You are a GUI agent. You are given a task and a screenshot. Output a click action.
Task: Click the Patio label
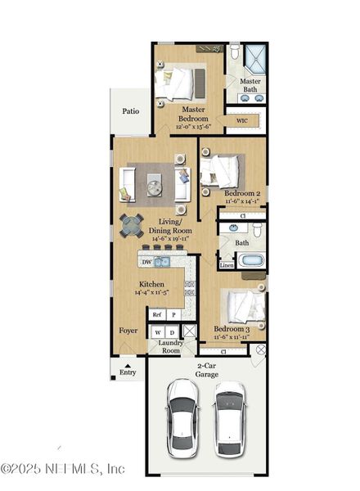point(131,110)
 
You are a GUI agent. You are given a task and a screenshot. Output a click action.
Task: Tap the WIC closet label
point(241,121)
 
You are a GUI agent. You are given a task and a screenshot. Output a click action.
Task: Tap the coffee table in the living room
point(155,185)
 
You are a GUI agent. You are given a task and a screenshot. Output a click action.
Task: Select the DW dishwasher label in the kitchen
point(146,262)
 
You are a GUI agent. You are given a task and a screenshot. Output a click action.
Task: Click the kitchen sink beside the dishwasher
point(163,262)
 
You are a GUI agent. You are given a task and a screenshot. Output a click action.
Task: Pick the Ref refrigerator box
point(156,314)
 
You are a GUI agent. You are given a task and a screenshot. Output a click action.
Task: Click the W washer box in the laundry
point(156,332)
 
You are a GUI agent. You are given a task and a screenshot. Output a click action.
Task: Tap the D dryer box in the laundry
point(173,332)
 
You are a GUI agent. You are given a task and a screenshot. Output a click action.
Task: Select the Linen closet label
point(227,265)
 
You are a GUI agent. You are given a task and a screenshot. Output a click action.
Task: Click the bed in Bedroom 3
point(244,307)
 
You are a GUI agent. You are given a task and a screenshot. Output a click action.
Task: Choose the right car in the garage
point(230,418)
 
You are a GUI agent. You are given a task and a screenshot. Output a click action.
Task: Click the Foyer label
point(128,331)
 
